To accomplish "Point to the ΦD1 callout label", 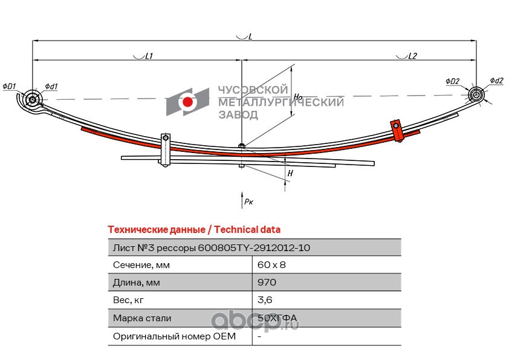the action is click(x=10, y=87).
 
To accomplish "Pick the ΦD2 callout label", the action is click(x=453, y=81).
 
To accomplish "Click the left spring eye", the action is click(x=33, y=99).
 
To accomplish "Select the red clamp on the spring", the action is click(x=397, y=131).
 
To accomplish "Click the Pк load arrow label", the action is click(x=248, y=201).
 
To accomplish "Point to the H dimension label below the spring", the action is click(x=290, y=173).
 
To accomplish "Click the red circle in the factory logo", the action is click(x=188, y=102).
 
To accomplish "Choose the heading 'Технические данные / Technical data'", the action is click(x=193, y=230).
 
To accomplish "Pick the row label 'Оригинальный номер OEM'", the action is click(x=174, y=336).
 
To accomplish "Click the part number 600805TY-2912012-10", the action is click(x=254, y=247).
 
